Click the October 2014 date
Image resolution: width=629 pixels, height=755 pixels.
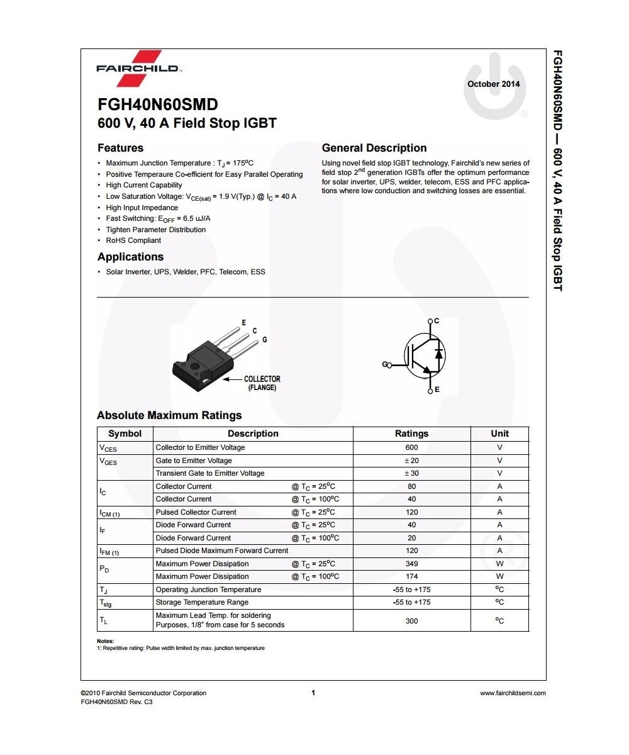pyautogui.click(x=494, y=84)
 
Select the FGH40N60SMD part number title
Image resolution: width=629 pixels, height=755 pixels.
pyautogui.click(x=158, y=104)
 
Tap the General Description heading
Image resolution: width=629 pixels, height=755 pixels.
pyautogui.click(x=374, y=148)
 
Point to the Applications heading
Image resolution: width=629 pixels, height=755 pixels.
pyautogui.click(x=130, y=257)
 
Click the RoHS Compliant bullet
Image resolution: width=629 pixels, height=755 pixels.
pyautogui.click(x=133, y=240)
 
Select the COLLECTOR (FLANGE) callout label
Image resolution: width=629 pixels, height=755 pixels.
pyautogui.click(x=262, y=383)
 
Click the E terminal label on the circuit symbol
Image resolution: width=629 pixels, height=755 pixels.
pyautogui.click(x=437, y=390)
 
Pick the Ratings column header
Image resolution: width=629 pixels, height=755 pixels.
pyautogui.click(x=411, y=433)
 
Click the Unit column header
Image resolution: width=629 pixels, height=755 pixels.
pyautogui.click(x=499, y=433)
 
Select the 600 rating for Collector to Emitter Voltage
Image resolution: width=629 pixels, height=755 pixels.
pyautogui.click(x=411, y=448)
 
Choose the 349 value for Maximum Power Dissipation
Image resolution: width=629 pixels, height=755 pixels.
pyautogui.click(x=411, y=564)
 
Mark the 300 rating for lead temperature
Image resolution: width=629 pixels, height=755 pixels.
pyautogui.click(x=411, y=621)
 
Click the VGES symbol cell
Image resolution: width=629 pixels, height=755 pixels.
pyautogui.click(x=108, y=461)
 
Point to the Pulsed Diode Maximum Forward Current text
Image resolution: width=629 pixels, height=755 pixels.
pyautogui.click(x=222, y=551)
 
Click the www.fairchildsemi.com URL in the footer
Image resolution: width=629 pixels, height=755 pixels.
pyautogui.click(x=513, y=693)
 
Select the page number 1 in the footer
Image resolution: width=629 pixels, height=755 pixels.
pyautogui.click(x=313, y=693)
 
